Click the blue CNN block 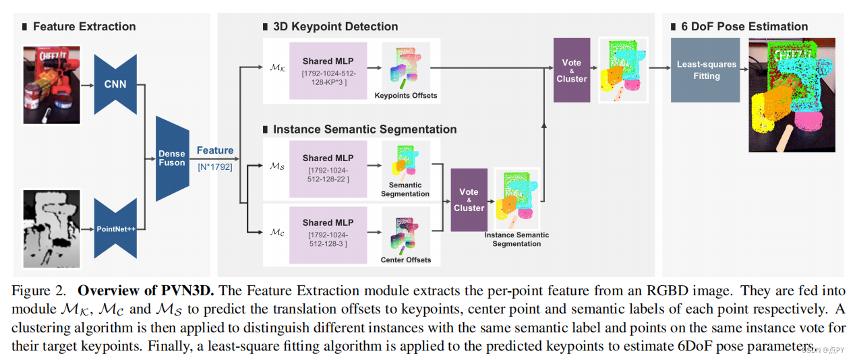tap(115, 84)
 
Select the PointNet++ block tap(115, 229)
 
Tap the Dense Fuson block tap(172, 158)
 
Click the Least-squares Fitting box tap(707, 70)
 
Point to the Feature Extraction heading tap(84, 27)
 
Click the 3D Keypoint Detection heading tap(335, 27)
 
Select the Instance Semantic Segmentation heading tap(365, 129)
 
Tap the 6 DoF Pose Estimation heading tap(739, 27)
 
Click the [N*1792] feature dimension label tap(215, 165)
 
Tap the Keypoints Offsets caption tap(406, 96)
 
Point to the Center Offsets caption tap(406, 260)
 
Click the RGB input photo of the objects tap(52, 85)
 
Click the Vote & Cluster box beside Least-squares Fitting tap(572, 71)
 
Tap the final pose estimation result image tap(792, 95)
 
